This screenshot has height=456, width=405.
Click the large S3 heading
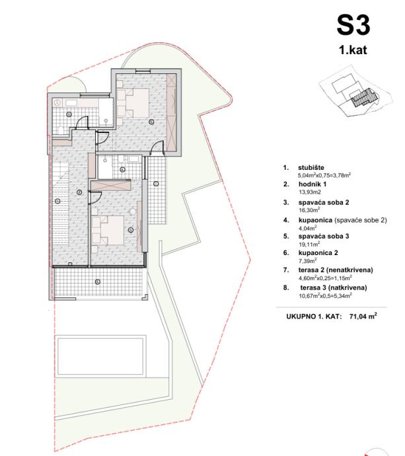(353, 26)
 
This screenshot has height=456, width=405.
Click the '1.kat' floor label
(353, 50)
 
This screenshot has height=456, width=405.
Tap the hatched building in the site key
(363, 97)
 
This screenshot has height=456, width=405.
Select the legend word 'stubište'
(311, 167)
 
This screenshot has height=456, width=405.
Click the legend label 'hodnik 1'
(313, 184)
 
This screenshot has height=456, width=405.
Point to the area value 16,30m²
(309, 210)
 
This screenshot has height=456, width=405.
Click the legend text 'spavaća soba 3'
(324, 236)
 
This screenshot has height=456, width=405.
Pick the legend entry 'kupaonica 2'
(318, 252)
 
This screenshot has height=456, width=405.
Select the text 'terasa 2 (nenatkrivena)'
(336, 270)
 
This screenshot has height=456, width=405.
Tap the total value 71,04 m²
(363, 316)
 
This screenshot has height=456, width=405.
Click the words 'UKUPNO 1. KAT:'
(314, 317)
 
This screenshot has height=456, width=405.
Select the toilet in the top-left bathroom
(61, 130)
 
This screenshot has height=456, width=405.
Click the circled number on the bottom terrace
(98, 282)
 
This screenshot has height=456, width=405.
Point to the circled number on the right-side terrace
(156, 184)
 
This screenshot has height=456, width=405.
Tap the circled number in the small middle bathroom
(122, 169)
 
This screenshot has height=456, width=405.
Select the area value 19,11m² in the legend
(309, 244)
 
